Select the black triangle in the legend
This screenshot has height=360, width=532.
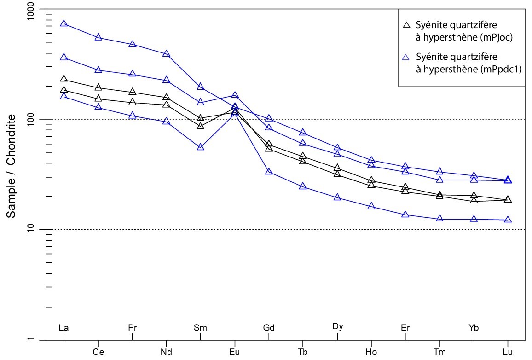[406, 24]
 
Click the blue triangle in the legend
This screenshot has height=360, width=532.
[406, 57]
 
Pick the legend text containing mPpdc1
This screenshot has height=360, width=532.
[465, 63]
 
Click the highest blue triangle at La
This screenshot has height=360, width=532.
[64, 23]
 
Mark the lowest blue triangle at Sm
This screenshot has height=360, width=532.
[201, 147]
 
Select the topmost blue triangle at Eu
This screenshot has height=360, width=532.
[235, 95]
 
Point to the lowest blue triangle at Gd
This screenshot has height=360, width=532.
[269, 172]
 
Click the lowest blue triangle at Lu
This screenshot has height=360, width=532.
[508, 220]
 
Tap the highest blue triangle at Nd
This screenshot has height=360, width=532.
[166, 54]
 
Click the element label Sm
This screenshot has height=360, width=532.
[200, 328]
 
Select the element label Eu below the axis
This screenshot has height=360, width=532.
[235, 352]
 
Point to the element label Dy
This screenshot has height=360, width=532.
[337, 327]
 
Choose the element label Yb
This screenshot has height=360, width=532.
[474, 328]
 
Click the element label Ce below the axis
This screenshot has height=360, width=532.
[98, 352]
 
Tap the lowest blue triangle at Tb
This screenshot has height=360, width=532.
[303, 186]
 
